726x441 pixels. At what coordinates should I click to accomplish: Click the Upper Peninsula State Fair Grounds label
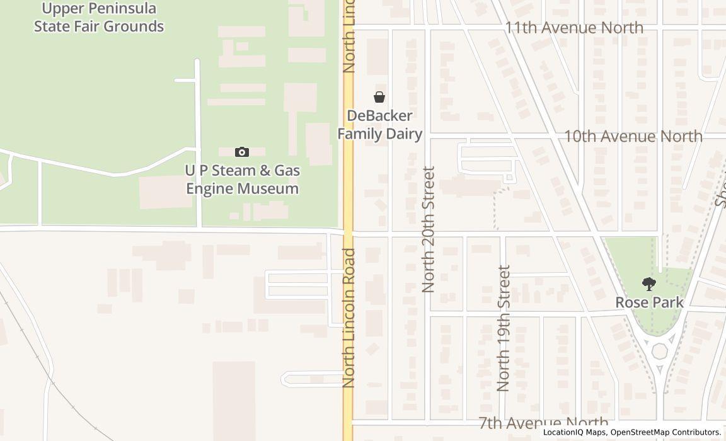[99, 18]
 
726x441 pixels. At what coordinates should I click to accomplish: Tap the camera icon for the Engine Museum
[242, 152]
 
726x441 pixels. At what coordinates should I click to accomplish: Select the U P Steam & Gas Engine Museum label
[242, 180]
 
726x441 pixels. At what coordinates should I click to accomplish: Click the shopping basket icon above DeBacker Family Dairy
[379, 97]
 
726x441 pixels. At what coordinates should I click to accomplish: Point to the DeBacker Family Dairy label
[379, 125]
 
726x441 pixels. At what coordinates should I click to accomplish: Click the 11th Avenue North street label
[574, 28]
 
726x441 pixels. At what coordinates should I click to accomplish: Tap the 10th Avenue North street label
[633, 136]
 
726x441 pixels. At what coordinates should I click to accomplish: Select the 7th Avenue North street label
[543, 423]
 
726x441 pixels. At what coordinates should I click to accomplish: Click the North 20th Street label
[429, 229]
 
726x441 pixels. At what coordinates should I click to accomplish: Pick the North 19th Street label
[503, 328]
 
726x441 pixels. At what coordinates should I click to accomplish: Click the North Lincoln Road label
[350, 318]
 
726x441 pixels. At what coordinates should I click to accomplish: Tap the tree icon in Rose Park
[648, 284]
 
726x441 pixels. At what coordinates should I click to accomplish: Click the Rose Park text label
[649, 302]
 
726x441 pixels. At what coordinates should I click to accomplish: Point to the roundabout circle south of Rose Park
[659, 351]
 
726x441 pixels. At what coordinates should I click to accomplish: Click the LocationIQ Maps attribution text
[575, 432]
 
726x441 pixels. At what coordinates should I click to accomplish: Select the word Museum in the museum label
[270, 188]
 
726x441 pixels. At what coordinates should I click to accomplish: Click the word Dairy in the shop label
[403, 134]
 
